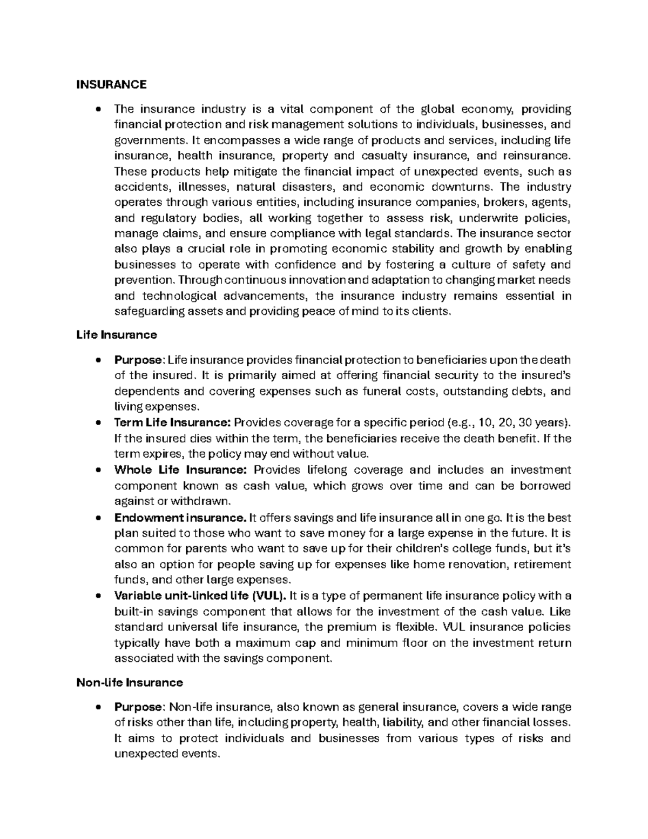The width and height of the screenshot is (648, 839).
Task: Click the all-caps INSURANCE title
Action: (x=111, y=84)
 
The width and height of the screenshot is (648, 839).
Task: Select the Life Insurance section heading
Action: (x=117, y=334)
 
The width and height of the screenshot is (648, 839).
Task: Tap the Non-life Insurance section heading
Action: (x=130, y=682)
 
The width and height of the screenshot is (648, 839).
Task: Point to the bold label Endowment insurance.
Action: (x=180, y=518)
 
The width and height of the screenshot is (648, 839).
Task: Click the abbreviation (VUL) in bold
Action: (x=269, y=596)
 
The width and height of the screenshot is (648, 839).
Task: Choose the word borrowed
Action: (x=545, y=485)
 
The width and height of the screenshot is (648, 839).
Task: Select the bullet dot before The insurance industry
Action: (x=98, y=110)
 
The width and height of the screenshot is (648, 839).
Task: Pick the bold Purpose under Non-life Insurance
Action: (x=138, y=707)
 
